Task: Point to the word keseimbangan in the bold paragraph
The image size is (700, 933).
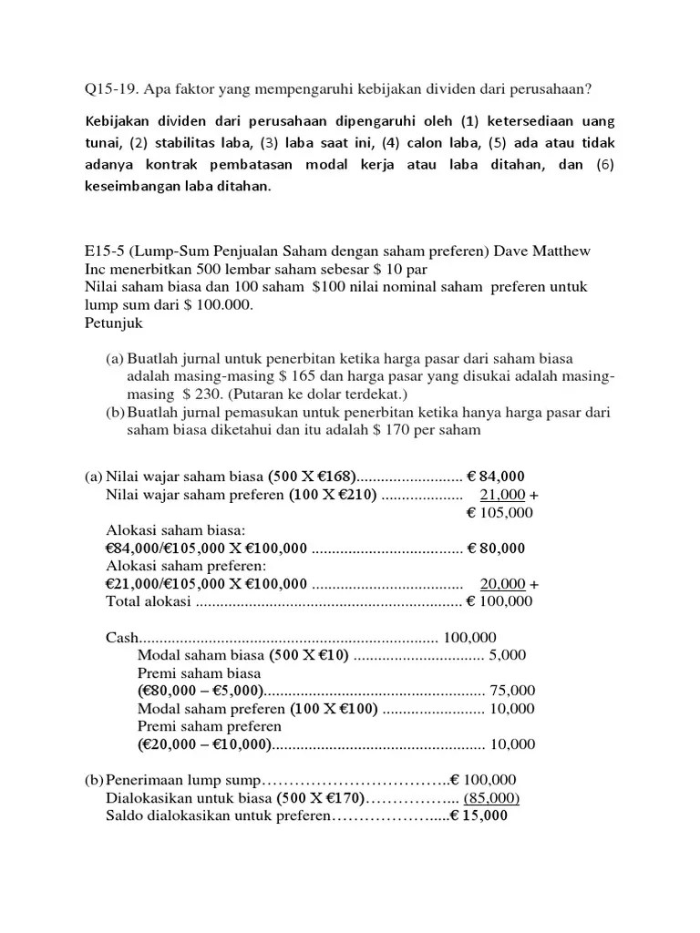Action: tap(137, 186)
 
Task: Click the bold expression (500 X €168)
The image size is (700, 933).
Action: tap(312, 477)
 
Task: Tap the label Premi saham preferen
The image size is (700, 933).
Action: tap(209, 726)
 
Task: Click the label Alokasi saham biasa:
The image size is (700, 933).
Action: tap(175, 530)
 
